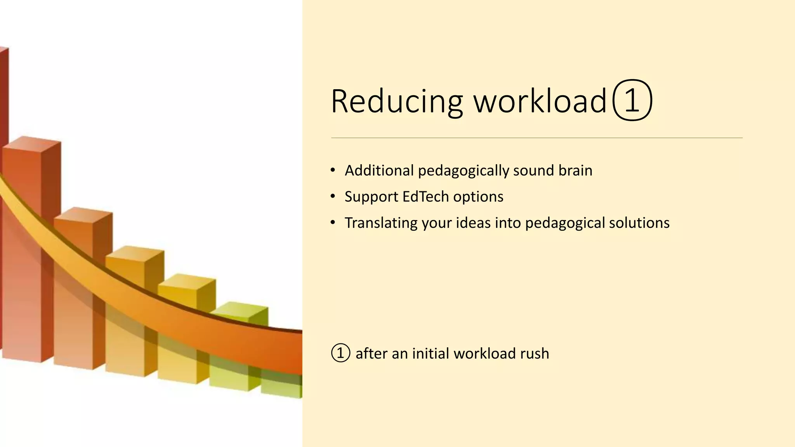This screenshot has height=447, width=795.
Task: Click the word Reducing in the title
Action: click(x=397, y=101)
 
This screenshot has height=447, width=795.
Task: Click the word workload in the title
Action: click(x=540, y=101)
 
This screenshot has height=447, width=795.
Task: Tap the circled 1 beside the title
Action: click(x=632, y=100)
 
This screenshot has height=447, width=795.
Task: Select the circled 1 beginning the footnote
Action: click(x=340, y=353)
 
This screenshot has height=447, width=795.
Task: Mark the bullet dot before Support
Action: click(x=333, y=197)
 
